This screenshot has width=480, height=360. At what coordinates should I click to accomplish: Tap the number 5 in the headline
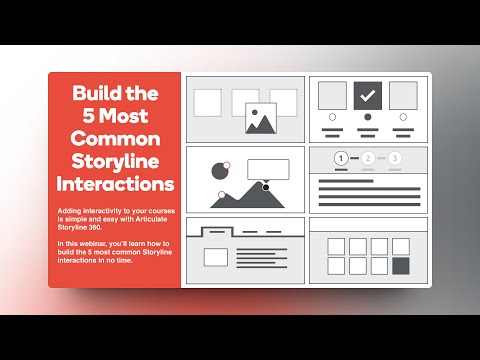coord(79,116)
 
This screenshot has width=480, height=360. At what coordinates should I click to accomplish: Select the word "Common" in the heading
coord(115,139)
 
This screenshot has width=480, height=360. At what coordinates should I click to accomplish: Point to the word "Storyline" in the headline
coord(115,161)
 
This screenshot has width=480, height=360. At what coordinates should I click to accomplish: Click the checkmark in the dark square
coord(367,96)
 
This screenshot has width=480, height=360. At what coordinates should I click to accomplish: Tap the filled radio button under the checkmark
coord(367,116)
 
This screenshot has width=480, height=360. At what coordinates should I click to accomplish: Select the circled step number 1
coord(342,158)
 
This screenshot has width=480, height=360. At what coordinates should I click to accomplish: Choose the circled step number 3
coord(396,158)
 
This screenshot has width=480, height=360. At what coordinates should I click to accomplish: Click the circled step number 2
coord(369,158)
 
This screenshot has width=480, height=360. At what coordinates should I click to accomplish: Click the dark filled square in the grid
coord(402,266)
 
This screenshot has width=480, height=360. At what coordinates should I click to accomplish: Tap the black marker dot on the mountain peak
coord(266,186)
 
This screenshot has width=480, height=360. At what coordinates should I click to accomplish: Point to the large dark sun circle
coord(219,171)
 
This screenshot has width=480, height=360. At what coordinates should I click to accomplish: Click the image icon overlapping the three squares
coord(261,119)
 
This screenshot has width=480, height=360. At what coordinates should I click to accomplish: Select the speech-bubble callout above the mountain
coord(267,169)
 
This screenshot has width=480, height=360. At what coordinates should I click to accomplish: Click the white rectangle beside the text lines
coord(216,257)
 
